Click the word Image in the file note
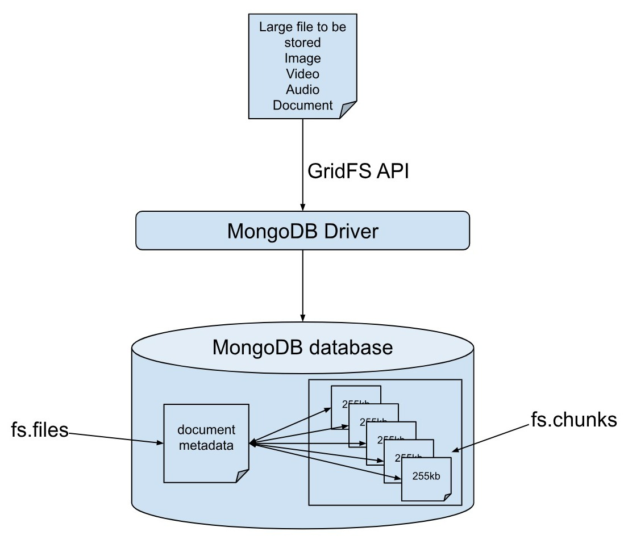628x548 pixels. [303, 58]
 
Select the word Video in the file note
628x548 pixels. [303, 74]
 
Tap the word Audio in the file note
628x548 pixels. [303, 89]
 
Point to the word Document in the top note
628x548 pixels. [302, 105]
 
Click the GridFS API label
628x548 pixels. [358, 170]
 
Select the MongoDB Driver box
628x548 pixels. [302, 231]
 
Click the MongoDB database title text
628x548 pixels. [302, 346]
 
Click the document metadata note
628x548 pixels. [206, 443]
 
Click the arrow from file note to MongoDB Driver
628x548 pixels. [302, 165]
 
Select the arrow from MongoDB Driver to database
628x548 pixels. [302, 284]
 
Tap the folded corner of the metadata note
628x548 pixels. [242, 476]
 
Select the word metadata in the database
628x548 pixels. [206, 446]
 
